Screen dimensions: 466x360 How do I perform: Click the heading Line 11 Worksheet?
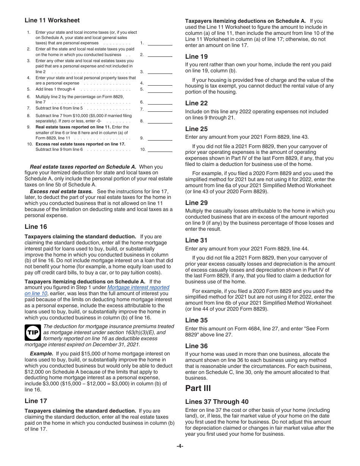(52, 20)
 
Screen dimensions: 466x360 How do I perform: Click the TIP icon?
(33, 333)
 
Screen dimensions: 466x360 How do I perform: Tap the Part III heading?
(198, 388)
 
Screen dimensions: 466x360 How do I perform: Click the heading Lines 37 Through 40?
(218, 402)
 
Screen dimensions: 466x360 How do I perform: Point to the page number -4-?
(180, 446)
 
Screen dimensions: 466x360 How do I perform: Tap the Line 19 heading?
(196, 56)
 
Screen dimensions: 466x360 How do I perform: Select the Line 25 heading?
(196, 129)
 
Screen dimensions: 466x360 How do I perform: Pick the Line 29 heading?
(196, 203)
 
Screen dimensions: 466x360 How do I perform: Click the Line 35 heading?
(196, 320)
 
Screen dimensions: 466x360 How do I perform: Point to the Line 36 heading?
(196, 346)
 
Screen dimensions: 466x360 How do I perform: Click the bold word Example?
(41, 353)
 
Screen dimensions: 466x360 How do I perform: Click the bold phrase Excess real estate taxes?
(61, 191)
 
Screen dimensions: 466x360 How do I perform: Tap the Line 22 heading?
(196, 103)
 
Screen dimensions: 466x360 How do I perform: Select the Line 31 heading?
(196, 240)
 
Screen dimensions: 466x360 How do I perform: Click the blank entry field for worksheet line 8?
(160, 121)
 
